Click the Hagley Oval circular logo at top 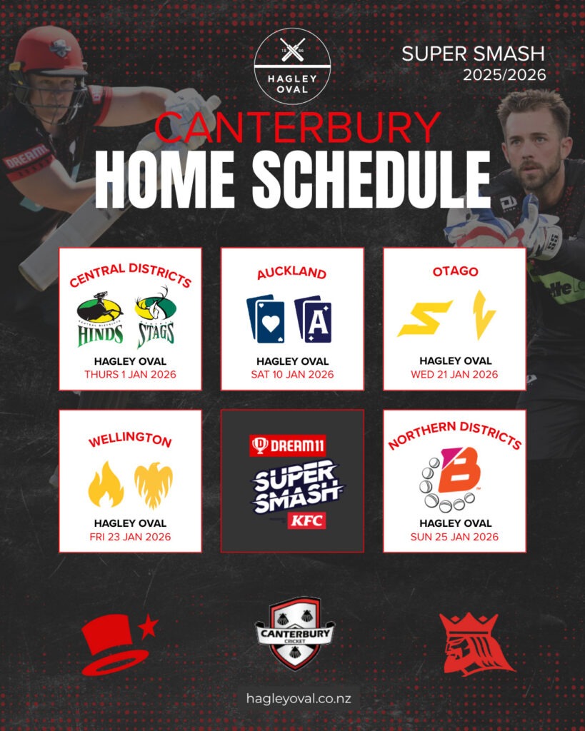[293, 66]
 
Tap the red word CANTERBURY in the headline [297, 127]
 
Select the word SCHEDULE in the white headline [371, 179]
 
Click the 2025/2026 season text [504, 74]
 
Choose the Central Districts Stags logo [155, 318]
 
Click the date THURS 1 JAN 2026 [130, 374]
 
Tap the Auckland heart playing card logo [266, 319]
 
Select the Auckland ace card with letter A [313, 319]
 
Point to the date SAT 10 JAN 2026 [293, 374]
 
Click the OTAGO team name [455, 271]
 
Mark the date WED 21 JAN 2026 [454, 374]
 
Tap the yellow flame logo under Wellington [106, 484]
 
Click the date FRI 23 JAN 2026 [130, 537]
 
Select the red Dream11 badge [287, 446]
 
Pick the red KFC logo [306, 520]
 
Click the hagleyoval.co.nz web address [299, 698]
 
